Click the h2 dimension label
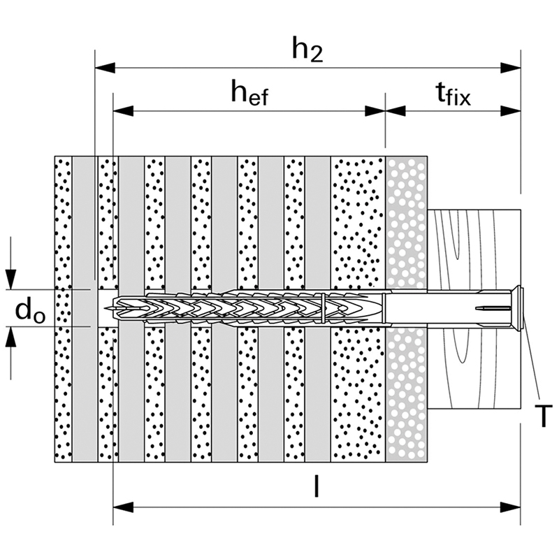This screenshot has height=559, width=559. pos(307,50)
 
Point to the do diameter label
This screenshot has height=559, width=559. pos(30,312)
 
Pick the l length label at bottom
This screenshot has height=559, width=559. pos(316,487)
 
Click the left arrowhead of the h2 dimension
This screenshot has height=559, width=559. pos(103,68)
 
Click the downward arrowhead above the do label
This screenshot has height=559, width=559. pos(11,280)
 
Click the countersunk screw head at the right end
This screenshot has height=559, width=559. pos(518,307)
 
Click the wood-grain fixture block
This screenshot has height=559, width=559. pos(475,245)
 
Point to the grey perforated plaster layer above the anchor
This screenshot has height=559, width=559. pos(406,224)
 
